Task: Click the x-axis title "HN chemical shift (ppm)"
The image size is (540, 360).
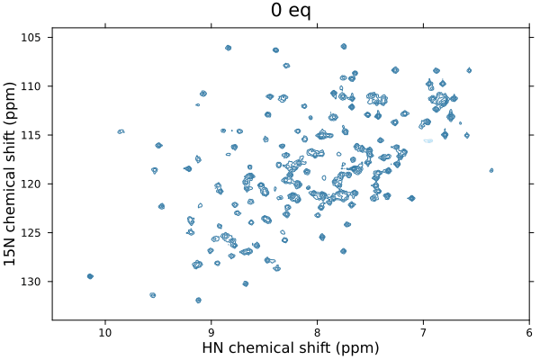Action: tap(291, 348)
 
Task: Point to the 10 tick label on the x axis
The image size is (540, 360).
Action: tap(105, 332)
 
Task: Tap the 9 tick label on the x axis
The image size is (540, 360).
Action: tap(211, 332)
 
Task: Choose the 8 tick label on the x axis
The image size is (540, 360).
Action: tap(318, 332)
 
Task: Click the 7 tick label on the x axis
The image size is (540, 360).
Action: tap(424, 332)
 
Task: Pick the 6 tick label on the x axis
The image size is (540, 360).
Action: tap(529, 332)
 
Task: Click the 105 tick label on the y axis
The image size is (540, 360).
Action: tap(33, 38)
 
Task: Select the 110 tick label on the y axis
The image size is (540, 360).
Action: tap(33, 86)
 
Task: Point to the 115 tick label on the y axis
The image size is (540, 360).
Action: tap(33, 135)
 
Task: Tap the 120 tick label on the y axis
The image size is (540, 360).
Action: tap(33, 184)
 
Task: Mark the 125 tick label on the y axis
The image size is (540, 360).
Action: tap(33, 232)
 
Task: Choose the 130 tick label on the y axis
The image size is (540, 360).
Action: tap(33, 282)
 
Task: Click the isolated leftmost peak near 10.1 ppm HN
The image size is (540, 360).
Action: tap(90, 276)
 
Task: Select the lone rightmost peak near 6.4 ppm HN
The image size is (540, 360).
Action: tap(491, 170)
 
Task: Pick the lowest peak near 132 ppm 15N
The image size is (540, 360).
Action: tap(198, 300)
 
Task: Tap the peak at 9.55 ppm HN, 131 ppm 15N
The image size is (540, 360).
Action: tap(153, 295)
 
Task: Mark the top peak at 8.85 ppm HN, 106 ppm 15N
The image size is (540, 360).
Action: tap(229, 48)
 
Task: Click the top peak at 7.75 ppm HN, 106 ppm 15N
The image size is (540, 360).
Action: tap(344, 46)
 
